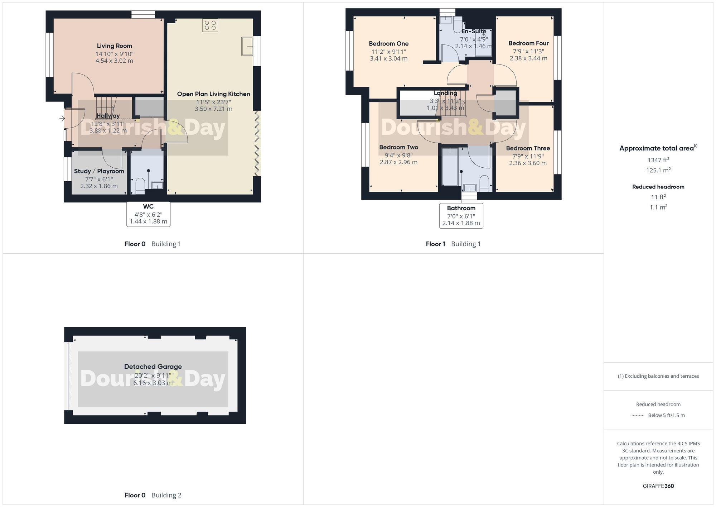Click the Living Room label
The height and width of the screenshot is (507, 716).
(x=114, y=46)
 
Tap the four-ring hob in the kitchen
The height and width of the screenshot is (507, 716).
(x=210, y=25)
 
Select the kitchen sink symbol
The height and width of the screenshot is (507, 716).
(x=247, y=46)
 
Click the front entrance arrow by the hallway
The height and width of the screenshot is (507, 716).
(x=62, y=118)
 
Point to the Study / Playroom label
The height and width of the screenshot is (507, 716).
(x=99, y=171)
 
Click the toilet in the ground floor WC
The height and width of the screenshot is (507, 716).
(x=140, y=185)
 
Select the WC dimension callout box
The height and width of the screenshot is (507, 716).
(x=148, y=214)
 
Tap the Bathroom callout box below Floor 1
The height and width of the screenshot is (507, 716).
(x=461, y=215)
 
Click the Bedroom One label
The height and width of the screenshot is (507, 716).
(x=388, y=44)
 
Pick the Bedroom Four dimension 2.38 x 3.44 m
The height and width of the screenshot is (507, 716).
(x=528, y=58)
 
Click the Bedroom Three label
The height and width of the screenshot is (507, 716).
(x=528, y=148)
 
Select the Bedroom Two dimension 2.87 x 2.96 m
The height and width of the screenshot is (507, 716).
(x=398, y=162)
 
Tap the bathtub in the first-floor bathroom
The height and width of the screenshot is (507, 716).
(x=450, y=167)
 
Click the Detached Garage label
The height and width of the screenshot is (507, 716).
(x=153, y=367)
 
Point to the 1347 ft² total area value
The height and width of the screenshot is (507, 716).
(x=658, y=160)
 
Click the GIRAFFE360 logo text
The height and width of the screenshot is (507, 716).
(x=658, y=486)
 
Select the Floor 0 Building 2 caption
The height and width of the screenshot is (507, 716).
(x=153, y=495)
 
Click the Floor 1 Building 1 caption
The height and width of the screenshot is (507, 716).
(x=453, y=244)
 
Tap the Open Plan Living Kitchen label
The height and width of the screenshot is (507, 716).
(x=213, y=94)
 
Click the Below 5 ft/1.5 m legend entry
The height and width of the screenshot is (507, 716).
(x=666, y=415)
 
